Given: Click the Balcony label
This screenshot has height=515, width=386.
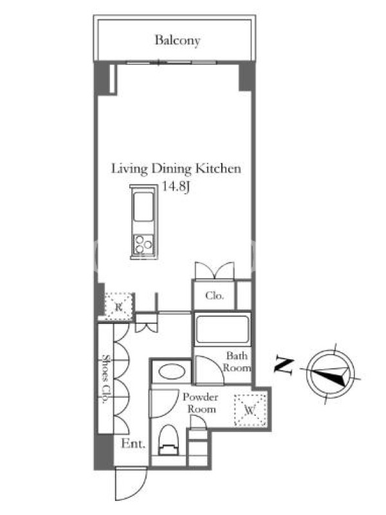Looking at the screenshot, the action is click(x=178, y=41).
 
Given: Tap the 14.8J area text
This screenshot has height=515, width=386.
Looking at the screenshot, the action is click(x=176, y=187).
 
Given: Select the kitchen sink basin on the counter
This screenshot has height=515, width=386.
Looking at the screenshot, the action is click(x=143, y=207).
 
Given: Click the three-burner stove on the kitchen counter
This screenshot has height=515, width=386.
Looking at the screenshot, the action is click(x=143, y=245).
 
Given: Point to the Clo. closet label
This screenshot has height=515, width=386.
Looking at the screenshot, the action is click(x=214, y=295).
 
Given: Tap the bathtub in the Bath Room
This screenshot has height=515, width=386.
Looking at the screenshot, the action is click(x=222, y=329).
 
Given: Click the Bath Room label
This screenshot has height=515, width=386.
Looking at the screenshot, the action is click(x=237, y=362).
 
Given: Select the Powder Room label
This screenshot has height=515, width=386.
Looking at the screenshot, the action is click(x=200, y=403).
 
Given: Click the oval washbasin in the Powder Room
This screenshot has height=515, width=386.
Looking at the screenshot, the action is click(x=172, y=372).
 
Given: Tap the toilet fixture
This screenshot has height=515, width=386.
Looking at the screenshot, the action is click(x=168, y=440).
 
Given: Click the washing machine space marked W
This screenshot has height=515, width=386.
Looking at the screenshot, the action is click(x=250, y=410).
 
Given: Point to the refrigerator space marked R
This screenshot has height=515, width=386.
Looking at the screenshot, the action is click(x=119, y=307).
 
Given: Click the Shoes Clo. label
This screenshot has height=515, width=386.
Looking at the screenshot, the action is click(x=106, y=379).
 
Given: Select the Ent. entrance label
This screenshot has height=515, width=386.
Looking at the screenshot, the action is click(x=133, y=444).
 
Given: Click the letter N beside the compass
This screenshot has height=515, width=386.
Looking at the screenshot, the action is click(x=284, y=365).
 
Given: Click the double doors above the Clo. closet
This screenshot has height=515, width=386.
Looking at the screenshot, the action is click(x=214, y=270).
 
